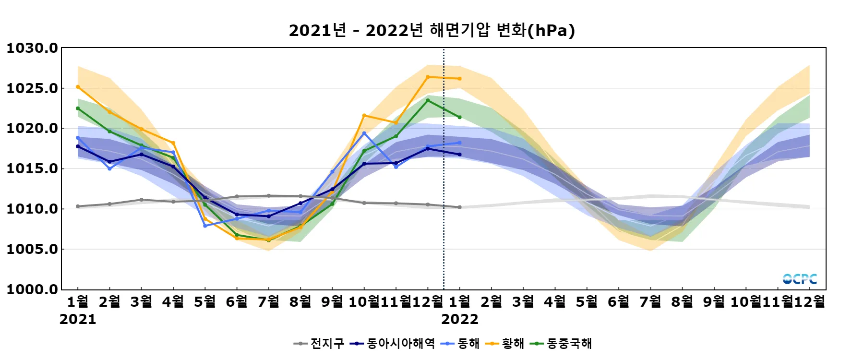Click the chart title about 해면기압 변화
coord(432,30)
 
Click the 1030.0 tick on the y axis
coord(32,48)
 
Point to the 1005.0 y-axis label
coord(32,249)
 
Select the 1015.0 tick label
coord(32,168)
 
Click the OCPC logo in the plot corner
coord(799,279)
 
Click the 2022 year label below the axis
coord(459,319)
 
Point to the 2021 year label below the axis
coord(78,319)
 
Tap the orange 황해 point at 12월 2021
coord(428,77)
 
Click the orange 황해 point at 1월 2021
coord(78,87)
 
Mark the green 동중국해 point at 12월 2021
coord(428,100)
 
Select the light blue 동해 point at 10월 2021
coord(364,133)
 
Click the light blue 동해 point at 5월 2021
coord(205,226)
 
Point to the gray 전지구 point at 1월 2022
coord(459,207)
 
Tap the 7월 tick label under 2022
coord(650,301)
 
